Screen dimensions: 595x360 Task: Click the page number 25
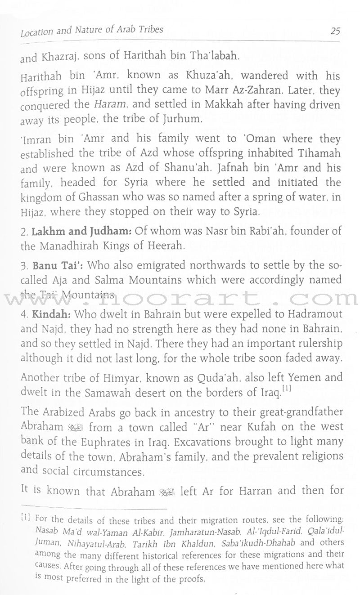[334, 31]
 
